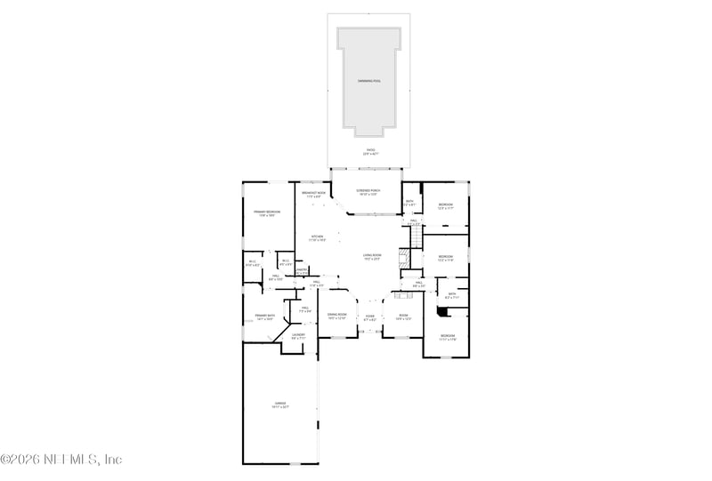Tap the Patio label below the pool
point(369,151)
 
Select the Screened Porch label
point(369,192)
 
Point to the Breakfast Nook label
point(311,195)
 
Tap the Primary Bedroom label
point(267,213)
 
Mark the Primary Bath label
point(264,317)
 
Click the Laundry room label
point(298,336)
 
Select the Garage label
point(279,405)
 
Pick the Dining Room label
point(336,316)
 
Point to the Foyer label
point(369,317)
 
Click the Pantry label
point(302,270)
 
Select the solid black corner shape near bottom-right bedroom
point(442,311)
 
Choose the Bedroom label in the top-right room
point(446,206)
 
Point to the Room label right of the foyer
point(402,317)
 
